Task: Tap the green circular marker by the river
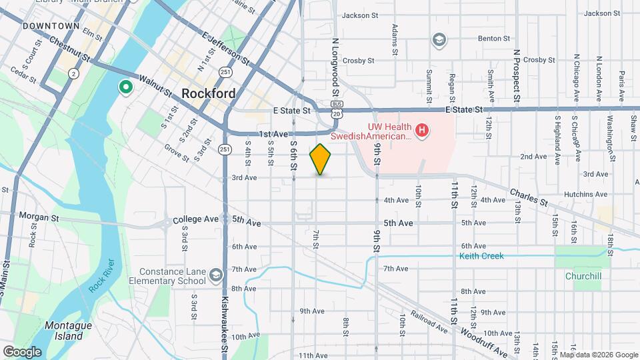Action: (125, 87)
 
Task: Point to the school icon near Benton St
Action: (439, 40)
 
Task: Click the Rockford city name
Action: (208, 93)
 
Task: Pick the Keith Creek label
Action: (481, 256)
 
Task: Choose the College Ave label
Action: (195, 219)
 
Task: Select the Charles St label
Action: (529, 197)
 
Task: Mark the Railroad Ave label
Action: (429, 321)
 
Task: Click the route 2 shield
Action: (73, 73)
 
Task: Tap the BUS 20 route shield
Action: (338, 109)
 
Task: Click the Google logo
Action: (22, 351)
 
